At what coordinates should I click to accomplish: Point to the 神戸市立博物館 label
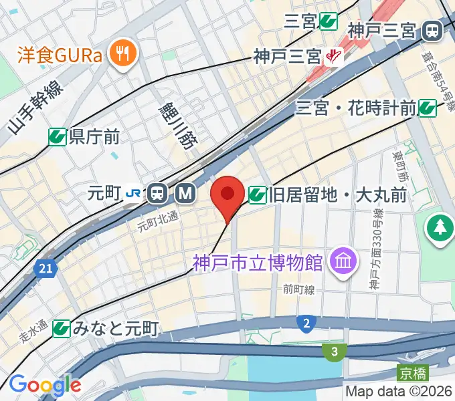(x=258, y=261)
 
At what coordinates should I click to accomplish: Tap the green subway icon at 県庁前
(x=58, y=137)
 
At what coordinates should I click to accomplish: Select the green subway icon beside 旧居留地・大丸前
(x=256, y=195)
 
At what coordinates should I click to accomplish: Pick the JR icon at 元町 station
(x=134, y=194)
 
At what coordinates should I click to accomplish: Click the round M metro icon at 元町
(x=185, y=194)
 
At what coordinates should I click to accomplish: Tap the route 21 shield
(x=45, y=268)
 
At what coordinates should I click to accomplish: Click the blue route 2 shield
(x=306, y=324)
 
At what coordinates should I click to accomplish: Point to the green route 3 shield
(x=334, y=350)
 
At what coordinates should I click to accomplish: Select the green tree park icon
(x=440, y=227)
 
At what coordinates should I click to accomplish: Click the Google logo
(x=45, y=385)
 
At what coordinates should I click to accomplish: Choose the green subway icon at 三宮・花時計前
(x=428, y=107)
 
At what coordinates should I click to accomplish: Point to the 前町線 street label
(x=298, y=290)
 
